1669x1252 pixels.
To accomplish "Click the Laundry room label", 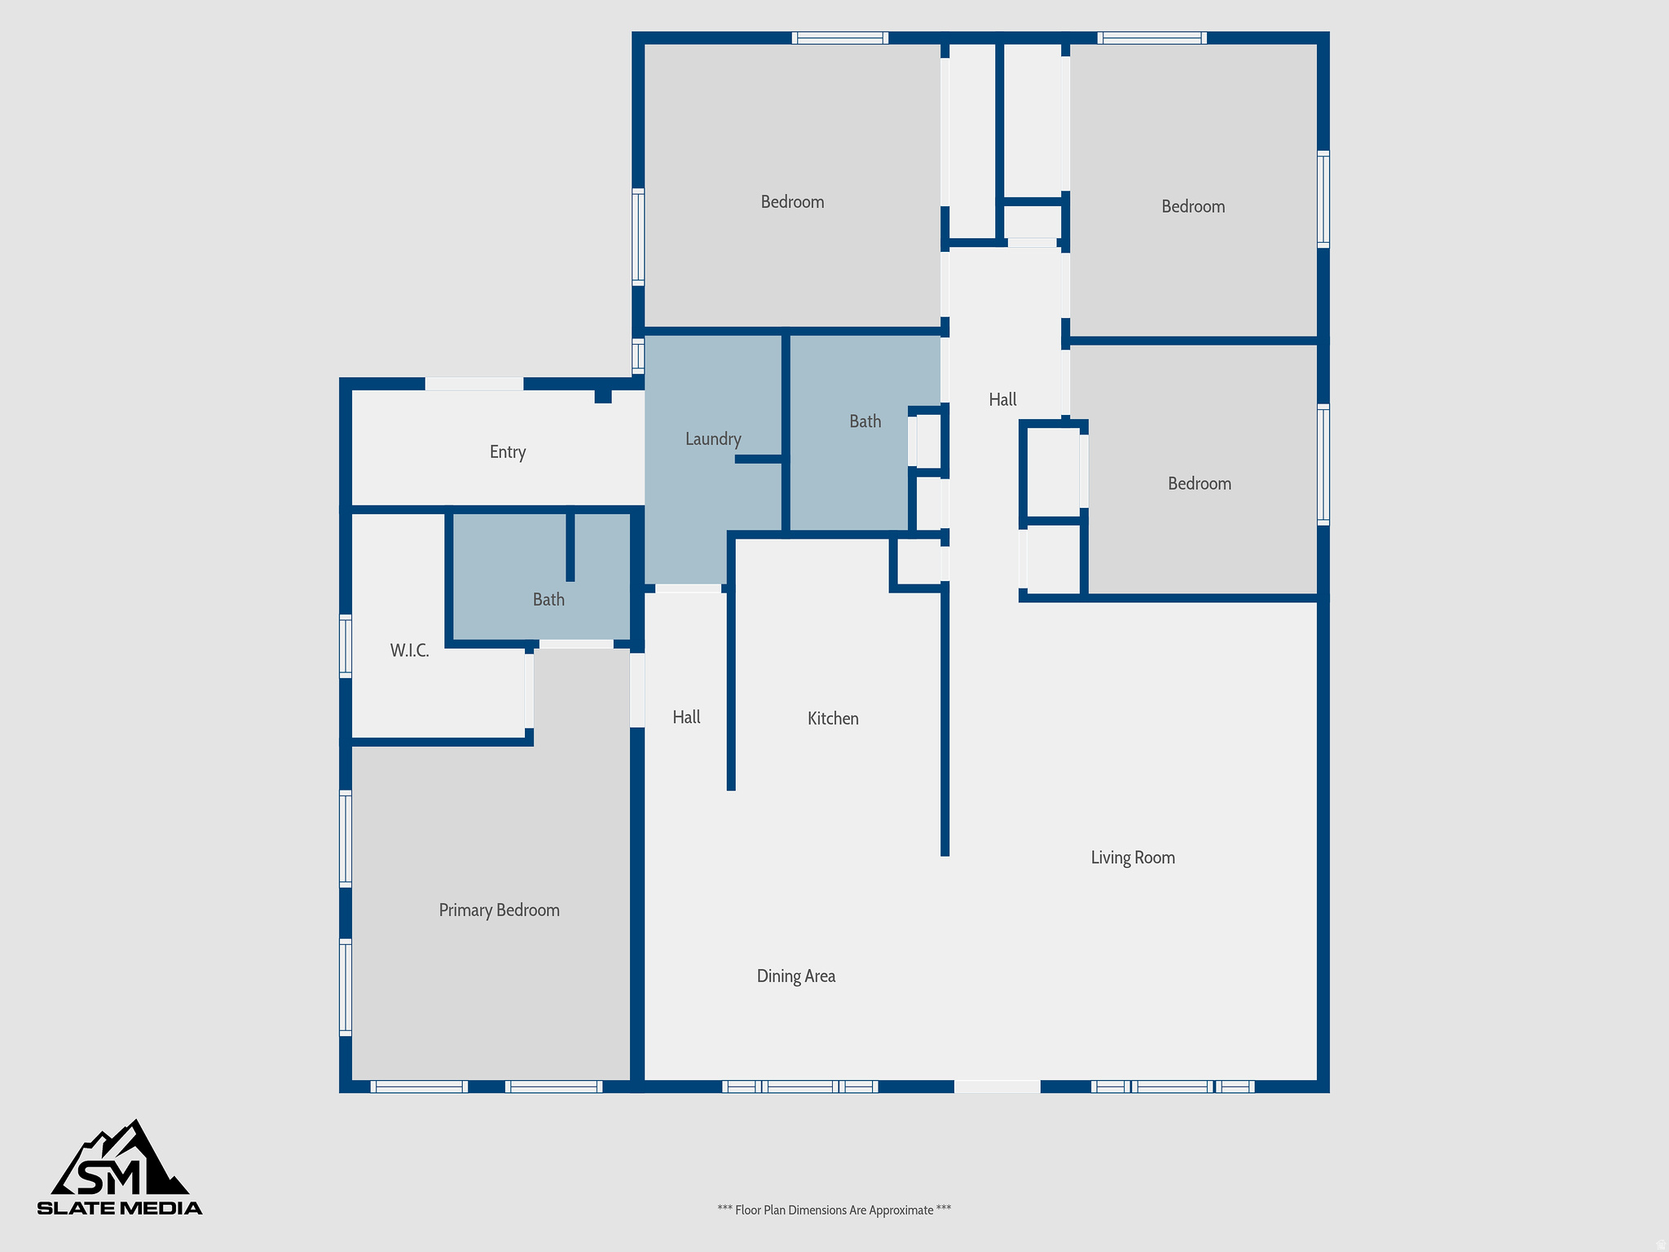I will click(x=713, y=439).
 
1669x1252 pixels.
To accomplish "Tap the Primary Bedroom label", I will click(x=499, y=910).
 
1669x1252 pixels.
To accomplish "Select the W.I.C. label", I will click(x=409, y=650).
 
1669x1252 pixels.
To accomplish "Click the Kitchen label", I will click(x=833, y=718).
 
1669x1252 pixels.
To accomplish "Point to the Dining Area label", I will click(x=795, y=976).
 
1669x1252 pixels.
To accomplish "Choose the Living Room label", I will click(x=1133, y=857).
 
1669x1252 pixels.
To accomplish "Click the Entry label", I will click(x=507, y=452).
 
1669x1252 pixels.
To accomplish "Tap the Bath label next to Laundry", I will click(x=865, y=421).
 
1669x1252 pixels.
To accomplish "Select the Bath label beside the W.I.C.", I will click(x=548, y=600).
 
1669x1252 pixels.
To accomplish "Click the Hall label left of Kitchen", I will click(x=686, y=717).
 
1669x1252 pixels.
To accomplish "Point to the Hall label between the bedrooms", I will click(x=1002, y=399).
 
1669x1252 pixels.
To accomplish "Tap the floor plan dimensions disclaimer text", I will click(x=834, y=1210).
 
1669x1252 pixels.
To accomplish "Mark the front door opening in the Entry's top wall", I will click(x=473, y=384).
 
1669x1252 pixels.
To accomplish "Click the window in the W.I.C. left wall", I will click(x=346, y=646).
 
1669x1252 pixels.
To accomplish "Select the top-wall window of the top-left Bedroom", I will click(x=839, y=37).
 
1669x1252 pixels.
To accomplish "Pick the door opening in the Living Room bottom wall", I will click(x=997, y=1087).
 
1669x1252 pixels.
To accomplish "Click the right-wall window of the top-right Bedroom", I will click(x=1323, y=199).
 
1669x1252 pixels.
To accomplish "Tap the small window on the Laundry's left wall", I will click(x=638, y=356).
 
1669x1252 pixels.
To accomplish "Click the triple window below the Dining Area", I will click(x=799, y=1087).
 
